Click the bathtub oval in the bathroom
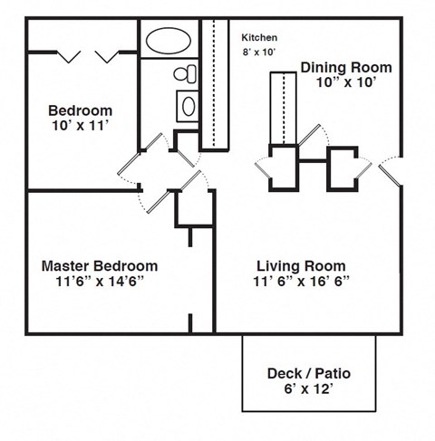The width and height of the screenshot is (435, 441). pyautogui.click(x=169, y=42)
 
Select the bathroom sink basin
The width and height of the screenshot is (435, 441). pyautogui.click(x=188, y=105)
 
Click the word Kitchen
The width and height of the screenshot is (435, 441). pyautogui.click(x=259, y=38)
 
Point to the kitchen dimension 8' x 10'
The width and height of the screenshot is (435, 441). pyautogui.click(x=260, y=53)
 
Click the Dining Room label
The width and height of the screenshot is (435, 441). pyautogui.click(x=346, y=68)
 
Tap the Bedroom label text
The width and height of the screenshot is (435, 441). pyautogui.click(x=81, y=110)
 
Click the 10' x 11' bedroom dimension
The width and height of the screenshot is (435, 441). pyautogui.click(x=81, y=126)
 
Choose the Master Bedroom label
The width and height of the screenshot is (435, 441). pyautogui.click(x=100, y=266)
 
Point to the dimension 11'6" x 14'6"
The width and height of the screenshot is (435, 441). pyautogui.click(x=100, y=282)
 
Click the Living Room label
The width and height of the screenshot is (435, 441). pyautogui.click(x=301, y=266)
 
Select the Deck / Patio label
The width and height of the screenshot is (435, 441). pyautogui.click(x=309, y=373)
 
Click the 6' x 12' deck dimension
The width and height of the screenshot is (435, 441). pyautogui.click(x=309, y=389)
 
